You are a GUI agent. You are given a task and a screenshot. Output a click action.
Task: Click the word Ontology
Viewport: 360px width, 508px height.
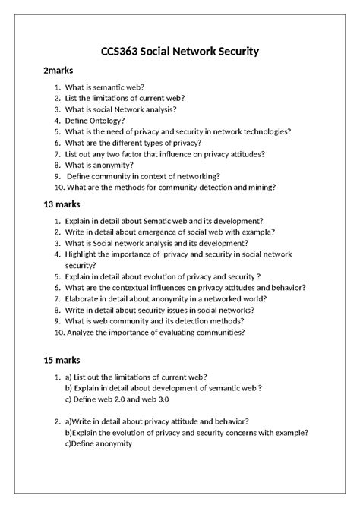pyautogui.click(x=103, y=120)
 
